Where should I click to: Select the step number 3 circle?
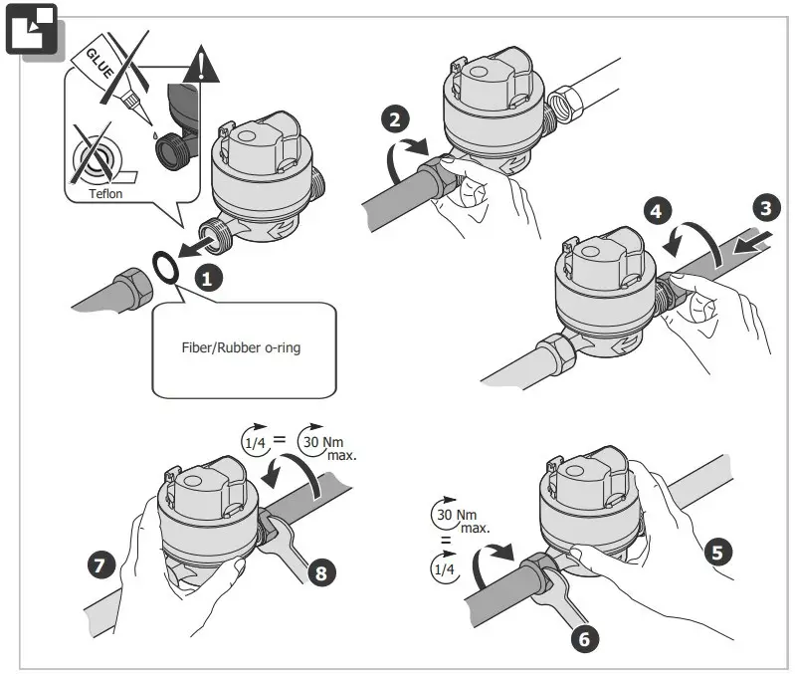(x=764, y=208)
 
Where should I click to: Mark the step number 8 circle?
(x=322, y=571)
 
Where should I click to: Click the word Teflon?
(x=105, y=194)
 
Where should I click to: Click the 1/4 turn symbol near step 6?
(x=443, y=567)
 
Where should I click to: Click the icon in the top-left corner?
(x=33, y=33)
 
